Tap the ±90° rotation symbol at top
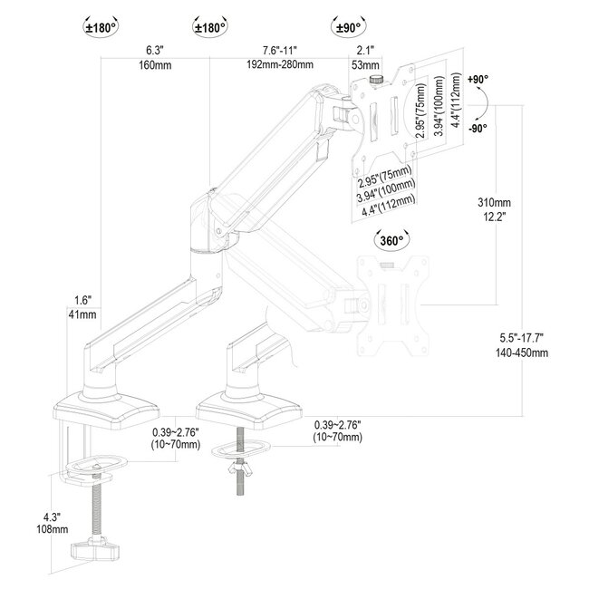coord(349,27)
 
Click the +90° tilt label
coord(479,81)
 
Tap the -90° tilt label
coord(479,128)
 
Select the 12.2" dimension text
coord(495,217)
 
